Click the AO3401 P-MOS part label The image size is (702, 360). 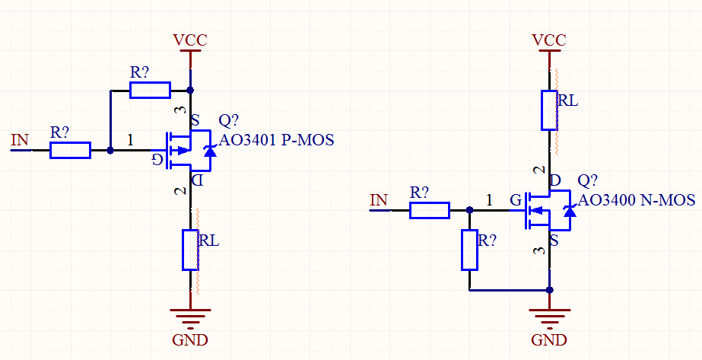point(277,140)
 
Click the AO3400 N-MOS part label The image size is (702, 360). point(637,200)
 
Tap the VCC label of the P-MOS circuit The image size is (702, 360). point(189,40)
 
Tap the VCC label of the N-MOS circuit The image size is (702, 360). point(549,40)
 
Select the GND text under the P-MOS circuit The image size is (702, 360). point(189,339)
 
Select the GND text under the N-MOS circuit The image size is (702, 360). point(549,339)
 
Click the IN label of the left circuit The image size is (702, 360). point(20,139)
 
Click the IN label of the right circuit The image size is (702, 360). point(379,200)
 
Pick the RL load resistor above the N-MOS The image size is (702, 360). point(550,110)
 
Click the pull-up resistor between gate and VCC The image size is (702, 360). point(150,91)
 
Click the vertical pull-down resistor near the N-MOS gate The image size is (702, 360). point(470,250)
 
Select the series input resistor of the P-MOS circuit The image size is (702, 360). point(70,151)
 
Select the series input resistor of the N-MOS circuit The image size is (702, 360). point(430,210)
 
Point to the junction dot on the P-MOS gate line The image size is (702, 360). point(110,151)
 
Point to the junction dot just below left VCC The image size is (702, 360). point(190,91)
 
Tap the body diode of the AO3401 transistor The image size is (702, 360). point(210,151)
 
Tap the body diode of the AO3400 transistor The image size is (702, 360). point(569,211)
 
